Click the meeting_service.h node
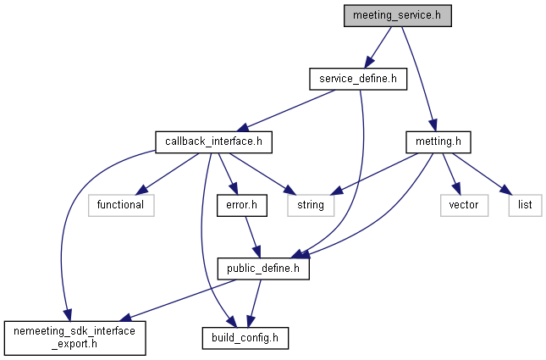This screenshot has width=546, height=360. pos(398,16)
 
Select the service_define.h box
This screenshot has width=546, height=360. pos(358,79)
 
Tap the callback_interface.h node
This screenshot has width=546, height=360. pos(213,141)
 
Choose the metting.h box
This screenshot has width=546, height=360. pos(438,141)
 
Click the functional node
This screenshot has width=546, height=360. pos(121,205)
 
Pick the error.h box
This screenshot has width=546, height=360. pos(242,205)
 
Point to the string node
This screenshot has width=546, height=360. pos(311,205)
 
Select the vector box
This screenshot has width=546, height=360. pos(464,205)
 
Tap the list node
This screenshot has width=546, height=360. pos(525,205)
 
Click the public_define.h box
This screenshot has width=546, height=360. pos(263,269)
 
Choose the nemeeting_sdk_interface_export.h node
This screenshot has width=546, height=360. pos(74,338)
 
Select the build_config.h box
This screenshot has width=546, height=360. pos(245,338)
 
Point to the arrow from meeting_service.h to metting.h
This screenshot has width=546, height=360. pos(419,79)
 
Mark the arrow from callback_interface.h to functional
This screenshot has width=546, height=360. pos(167,174)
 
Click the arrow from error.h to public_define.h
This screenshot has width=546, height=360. pos(252,237)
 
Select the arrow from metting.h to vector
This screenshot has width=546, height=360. pos(451,174)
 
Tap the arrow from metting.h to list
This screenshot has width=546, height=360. pos(482,174)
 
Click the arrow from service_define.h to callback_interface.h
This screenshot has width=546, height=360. pos(288,110)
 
